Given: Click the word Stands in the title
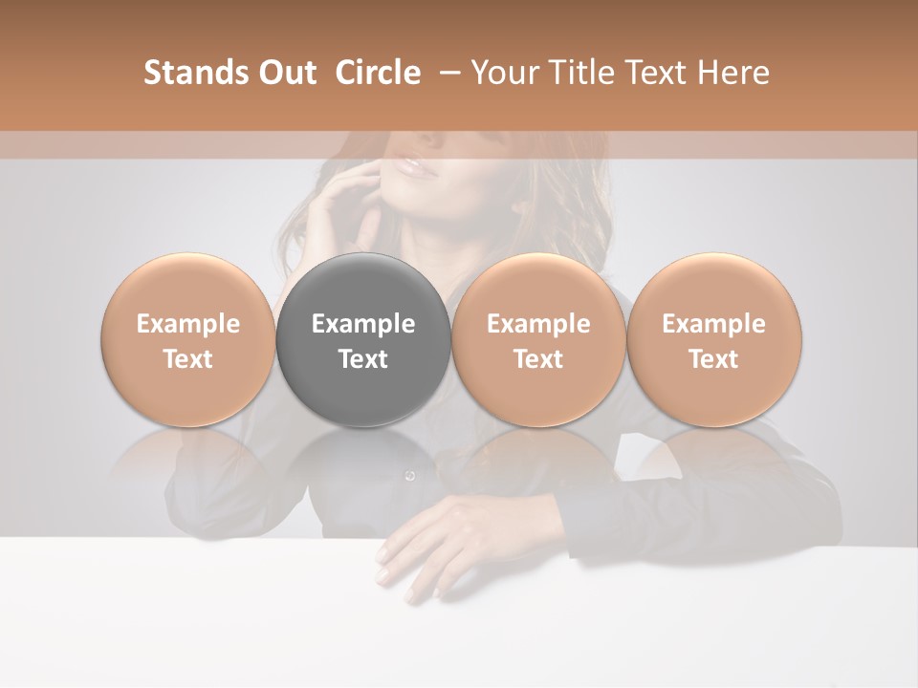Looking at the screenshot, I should click(189, 73).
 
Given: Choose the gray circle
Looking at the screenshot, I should click(363, 340).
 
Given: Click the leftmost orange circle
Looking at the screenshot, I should click(187, 340).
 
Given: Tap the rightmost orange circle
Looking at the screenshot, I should click(713, 340).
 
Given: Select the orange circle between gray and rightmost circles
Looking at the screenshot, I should click(538, 340).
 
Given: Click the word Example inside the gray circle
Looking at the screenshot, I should click(363, 324).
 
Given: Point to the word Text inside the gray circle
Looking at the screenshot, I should click(363, 359).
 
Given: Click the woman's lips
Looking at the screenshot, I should click(418, 167).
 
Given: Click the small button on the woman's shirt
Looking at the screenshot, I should click(410, 475).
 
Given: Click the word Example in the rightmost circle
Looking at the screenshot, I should click(713, 324).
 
